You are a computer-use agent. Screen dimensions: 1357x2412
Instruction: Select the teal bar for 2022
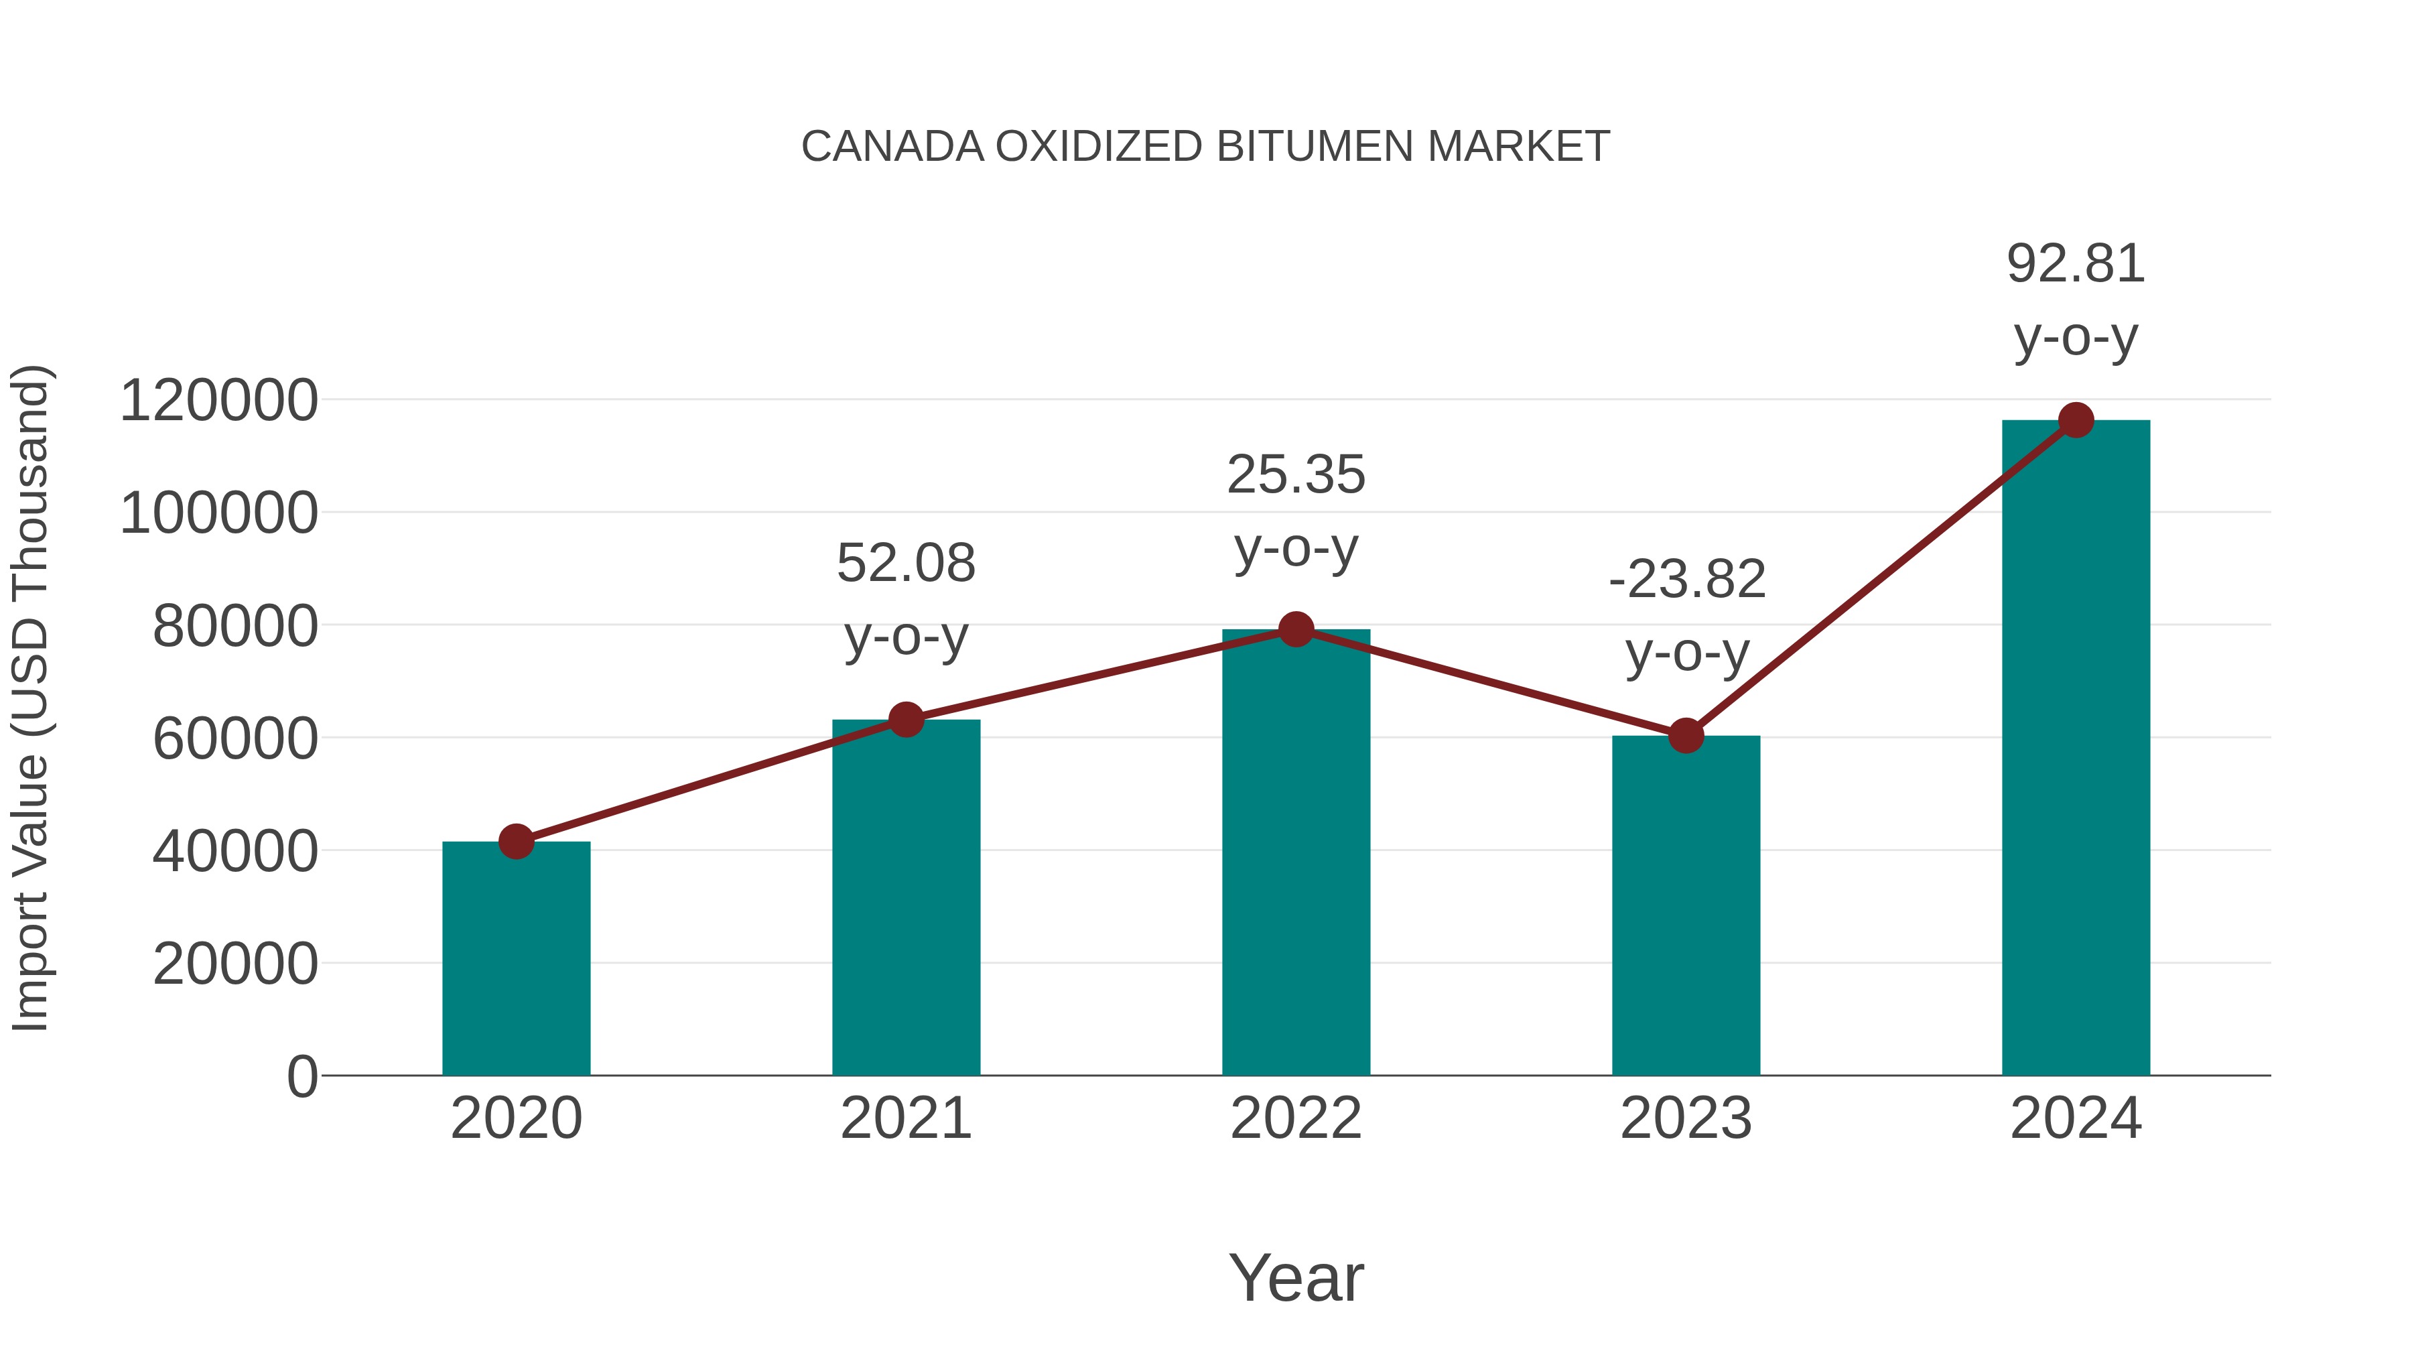coord(1296,852)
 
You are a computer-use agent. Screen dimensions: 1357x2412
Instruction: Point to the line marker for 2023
coord(1686,736)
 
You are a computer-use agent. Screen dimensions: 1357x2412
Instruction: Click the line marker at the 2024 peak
coord(2076,420)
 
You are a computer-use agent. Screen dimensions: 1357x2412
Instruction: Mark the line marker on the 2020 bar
coord(516,841)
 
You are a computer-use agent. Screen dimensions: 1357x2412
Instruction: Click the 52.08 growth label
coord(905,564)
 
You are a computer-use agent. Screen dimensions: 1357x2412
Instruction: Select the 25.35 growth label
coord(1296,475)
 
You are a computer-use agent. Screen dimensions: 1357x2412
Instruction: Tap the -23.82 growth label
coord(1686,580)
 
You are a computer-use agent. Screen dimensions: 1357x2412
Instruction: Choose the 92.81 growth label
coord(2076,264)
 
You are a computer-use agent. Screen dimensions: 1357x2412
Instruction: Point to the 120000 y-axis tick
coord(218,401)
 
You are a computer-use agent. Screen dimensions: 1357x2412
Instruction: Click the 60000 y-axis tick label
coord(234,739)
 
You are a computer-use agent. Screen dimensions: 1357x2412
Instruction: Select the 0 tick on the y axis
coord(301,1077)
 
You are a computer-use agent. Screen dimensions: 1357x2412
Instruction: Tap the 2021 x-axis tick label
coord(905,1118)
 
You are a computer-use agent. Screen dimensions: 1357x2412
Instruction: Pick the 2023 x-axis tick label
coord(1686,1118)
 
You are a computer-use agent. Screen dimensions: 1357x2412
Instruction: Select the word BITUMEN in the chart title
coord(1316,147)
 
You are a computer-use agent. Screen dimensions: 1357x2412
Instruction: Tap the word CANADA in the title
coord(892,147)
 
